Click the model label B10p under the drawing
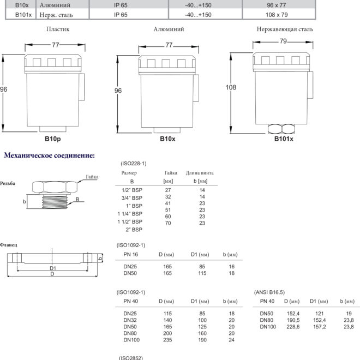[x=53, y=139]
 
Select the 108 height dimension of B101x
[x=231, y=87]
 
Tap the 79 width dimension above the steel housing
[x=283, y=41]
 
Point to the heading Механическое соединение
[x=49, y=155]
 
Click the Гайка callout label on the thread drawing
[x=92, y=177]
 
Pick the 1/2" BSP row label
[x=132, y=190]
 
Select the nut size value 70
[x=168, y=223]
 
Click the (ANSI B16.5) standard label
[x=269, y=292]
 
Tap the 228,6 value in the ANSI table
[x=293, y=327]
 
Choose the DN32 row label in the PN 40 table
[x=130, y=320]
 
